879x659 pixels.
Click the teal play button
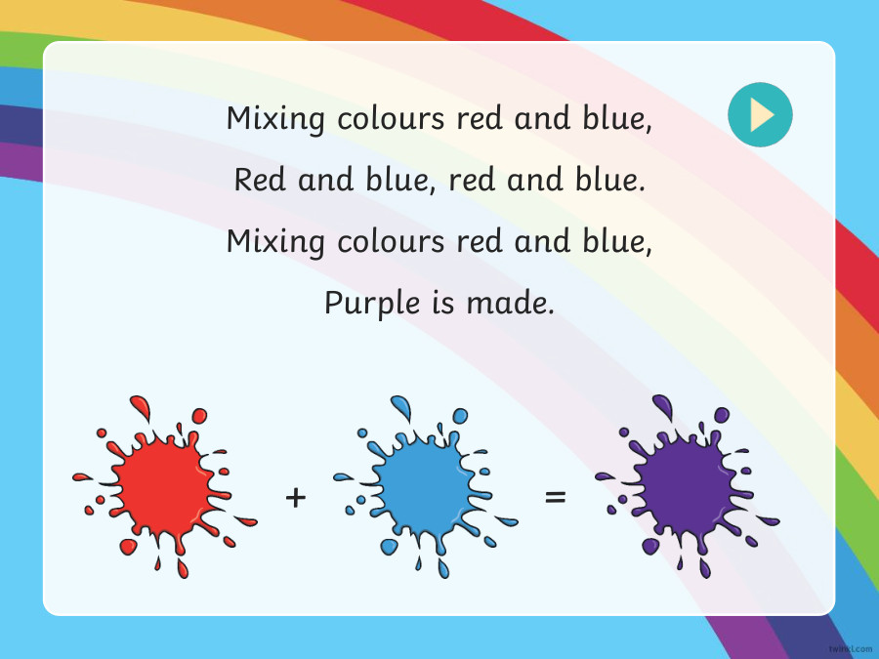760,115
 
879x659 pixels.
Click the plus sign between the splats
296,498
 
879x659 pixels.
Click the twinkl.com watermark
849,647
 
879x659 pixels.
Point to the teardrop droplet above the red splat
140,405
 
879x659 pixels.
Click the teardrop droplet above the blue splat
401,405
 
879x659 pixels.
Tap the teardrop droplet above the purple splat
662,405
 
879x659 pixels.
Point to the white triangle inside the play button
762,115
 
